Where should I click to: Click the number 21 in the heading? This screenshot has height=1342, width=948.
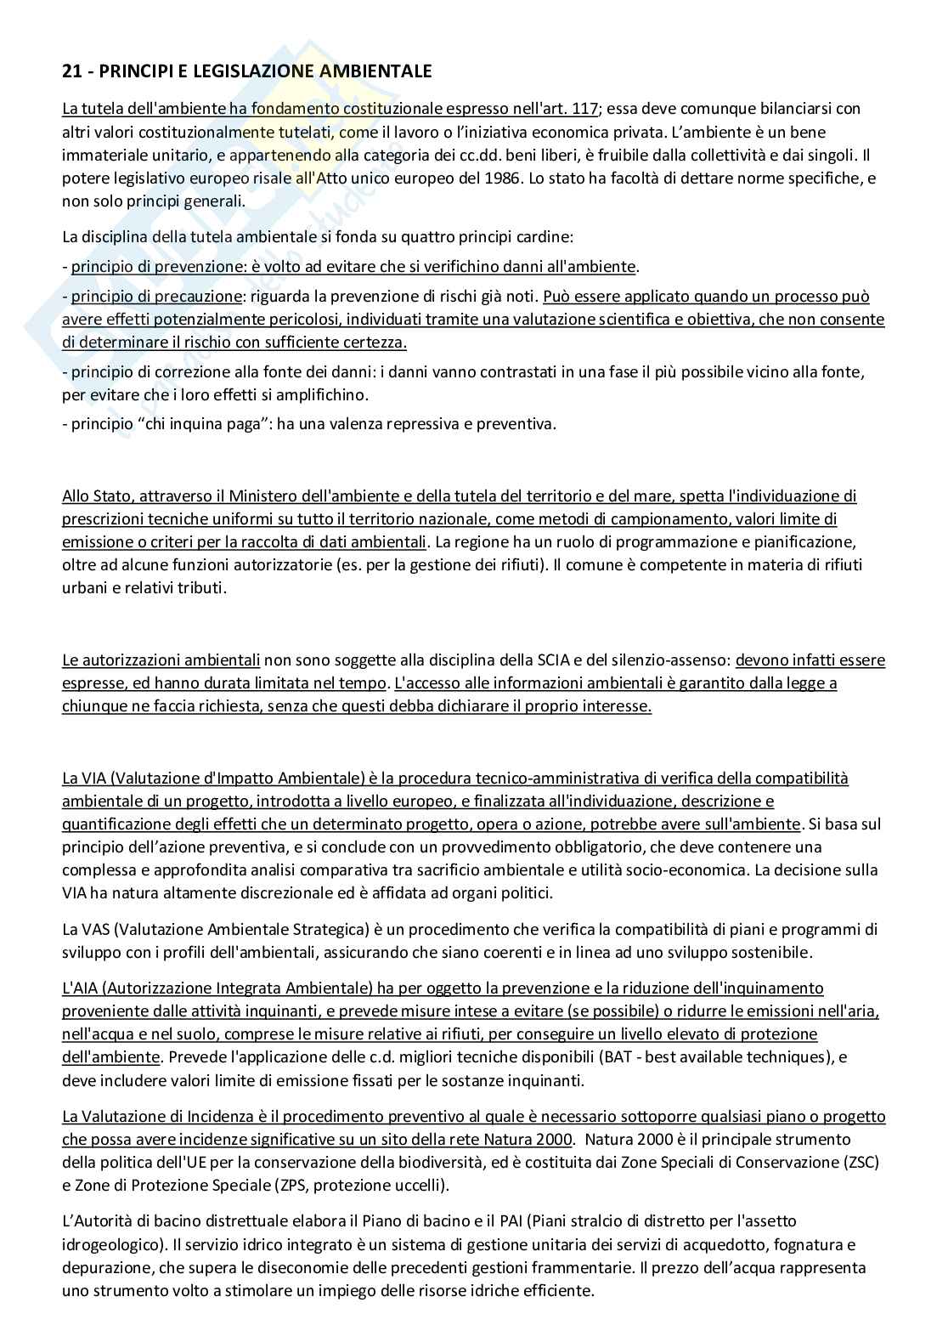click(x=71, y=71)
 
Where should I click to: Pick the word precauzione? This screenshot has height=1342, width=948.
click(x=199, y=297)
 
